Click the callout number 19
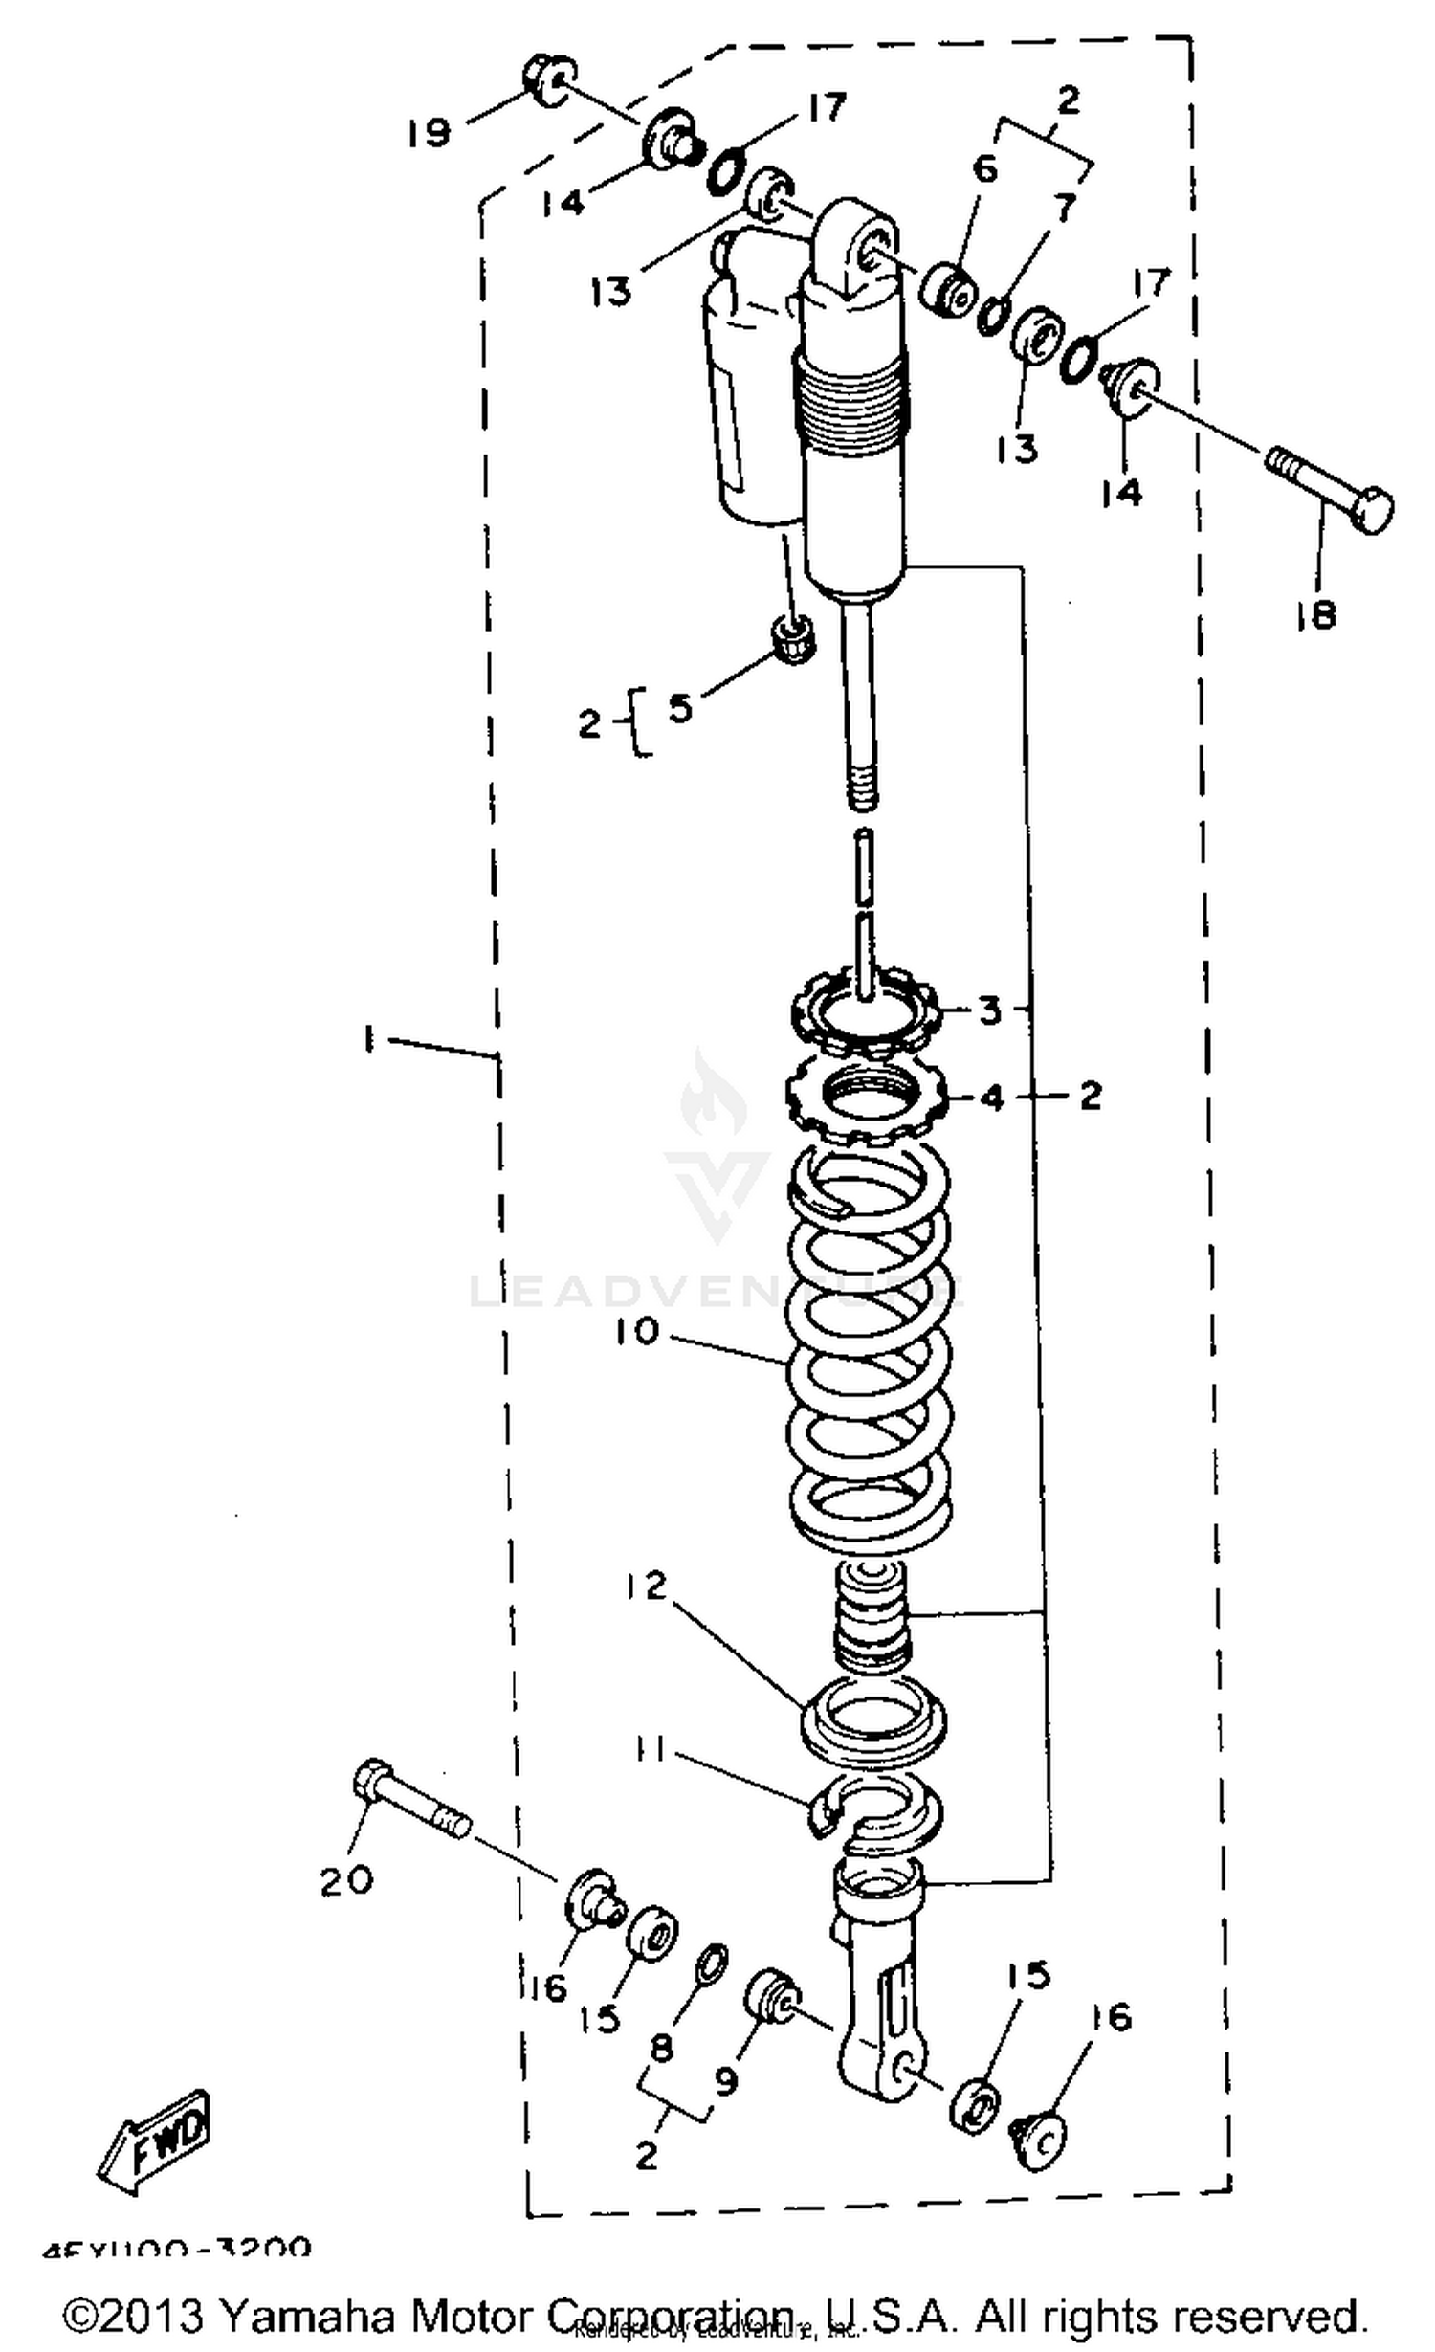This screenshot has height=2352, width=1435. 428,132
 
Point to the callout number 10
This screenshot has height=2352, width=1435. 637,1331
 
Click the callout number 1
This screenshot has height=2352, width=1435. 368,1038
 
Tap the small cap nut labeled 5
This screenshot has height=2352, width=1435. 793,637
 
